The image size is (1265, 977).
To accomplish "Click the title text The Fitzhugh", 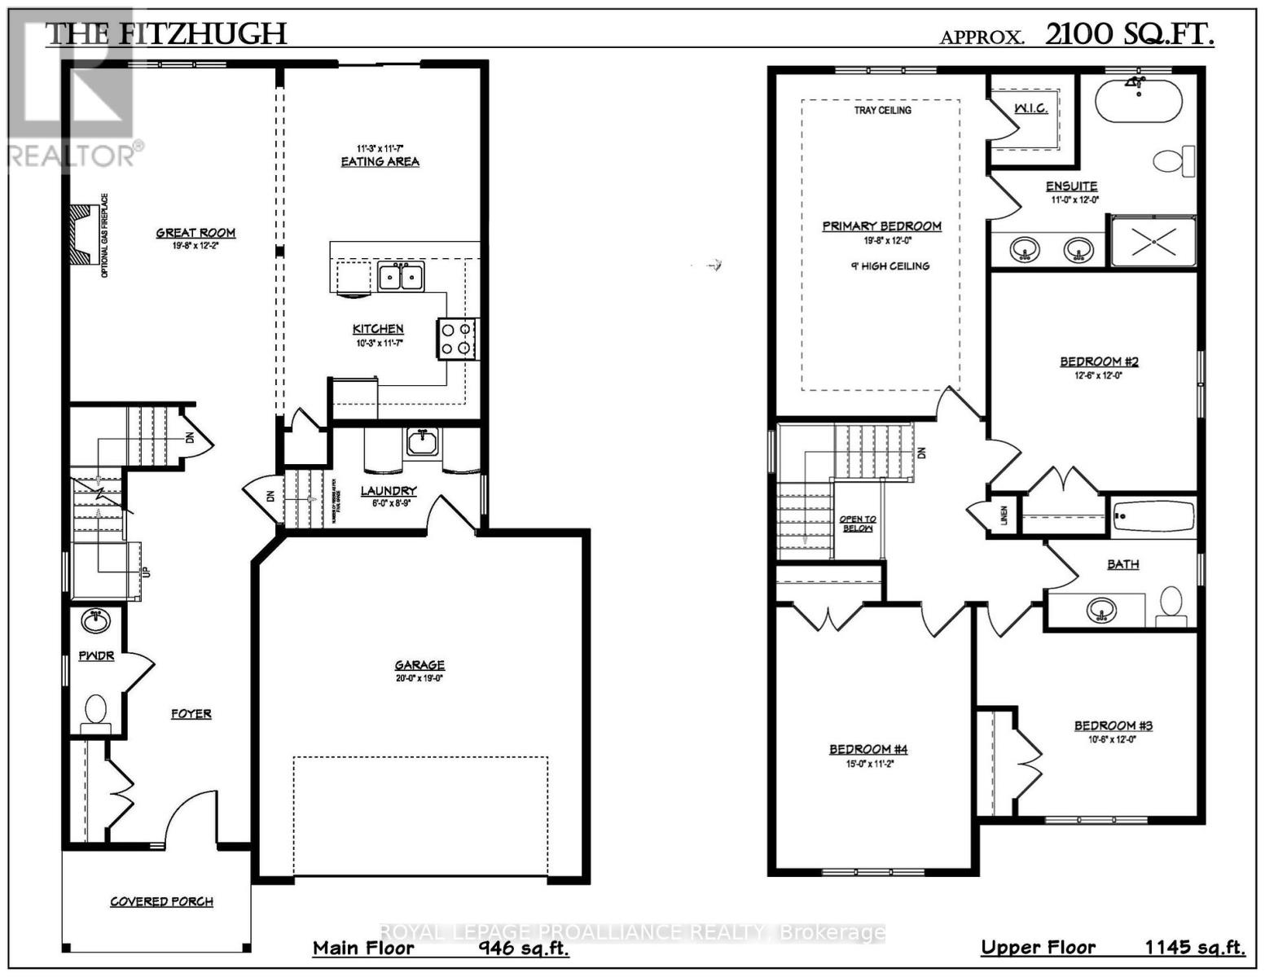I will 165,34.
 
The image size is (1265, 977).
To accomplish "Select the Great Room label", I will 195,233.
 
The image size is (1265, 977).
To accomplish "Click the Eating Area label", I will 380,161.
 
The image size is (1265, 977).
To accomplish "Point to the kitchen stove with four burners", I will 458,339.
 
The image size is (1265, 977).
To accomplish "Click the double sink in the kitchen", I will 400,277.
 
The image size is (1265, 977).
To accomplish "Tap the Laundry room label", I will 389,491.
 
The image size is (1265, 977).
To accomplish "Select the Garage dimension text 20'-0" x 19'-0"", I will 419,678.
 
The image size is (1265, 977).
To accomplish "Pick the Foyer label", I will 191,714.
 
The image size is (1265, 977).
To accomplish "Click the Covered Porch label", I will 162,901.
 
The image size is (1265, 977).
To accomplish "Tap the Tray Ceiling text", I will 882,110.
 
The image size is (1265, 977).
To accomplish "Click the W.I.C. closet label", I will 1030,108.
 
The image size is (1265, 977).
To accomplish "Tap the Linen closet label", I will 1004,515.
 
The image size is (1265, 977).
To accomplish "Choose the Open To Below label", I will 857,524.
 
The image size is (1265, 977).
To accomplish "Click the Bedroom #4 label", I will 868,749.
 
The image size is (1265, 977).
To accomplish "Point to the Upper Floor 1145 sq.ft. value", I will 1194,948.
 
